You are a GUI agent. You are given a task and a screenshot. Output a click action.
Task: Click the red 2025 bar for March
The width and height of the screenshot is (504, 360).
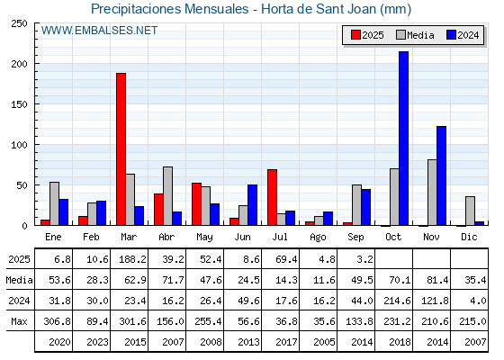point(121,149)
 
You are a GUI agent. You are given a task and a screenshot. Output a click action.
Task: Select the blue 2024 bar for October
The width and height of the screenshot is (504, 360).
point(404,139)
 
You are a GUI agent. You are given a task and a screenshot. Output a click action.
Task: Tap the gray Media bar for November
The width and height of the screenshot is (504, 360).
point(432,193)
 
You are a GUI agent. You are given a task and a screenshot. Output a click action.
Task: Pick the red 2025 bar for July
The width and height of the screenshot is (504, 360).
point(272,197)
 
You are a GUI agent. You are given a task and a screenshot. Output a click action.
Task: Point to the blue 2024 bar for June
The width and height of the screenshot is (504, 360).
point(252,205)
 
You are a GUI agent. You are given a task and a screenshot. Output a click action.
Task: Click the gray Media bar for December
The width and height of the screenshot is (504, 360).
point(470,211)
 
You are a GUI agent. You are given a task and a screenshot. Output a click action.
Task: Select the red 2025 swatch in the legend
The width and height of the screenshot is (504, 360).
point(355,35)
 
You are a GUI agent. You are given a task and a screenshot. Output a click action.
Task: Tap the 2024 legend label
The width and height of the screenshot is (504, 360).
point(468,35)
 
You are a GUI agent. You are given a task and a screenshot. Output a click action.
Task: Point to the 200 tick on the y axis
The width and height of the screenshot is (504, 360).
point(19,64)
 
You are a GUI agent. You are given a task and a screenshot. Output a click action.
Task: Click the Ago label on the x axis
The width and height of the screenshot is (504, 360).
point(318,238)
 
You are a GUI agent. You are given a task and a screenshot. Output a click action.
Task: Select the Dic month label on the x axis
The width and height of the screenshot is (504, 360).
point(469,237)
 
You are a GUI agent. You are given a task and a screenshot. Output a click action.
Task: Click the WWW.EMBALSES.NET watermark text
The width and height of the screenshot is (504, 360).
point(99,31)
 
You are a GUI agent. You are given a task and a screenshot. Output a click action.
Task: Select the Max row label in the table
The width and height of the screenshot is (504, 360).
point(19,321)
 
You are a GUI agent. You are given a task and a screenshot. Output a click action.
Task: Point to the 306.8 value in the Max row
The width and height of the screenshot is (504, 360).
point(57,321)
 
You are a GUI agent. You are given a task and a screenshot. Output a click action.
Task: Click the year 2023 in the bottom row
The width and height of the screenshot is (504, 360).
point(97,342)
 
